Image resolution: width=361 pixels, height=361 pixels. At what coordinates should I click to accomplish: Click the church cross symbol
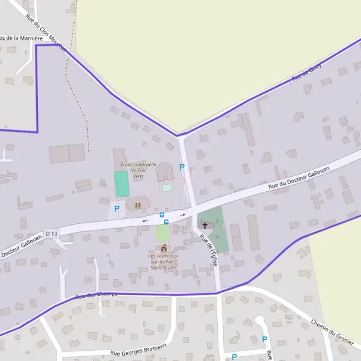(x=205, y=226)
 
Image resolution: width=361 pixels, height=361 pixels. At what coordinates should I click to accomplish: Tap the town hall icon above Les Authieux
(x=164, y=248)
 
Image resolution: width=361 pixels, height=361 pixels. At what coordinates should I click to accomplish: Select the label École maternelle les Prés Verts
(x=138, y=170)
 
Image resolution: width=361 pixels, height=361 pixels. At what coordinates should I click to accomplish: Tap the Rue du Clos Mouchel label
(x=46, y=31)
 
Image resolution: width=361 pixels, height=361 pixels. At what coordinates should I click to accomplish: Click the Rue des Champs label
(x=96, y=295)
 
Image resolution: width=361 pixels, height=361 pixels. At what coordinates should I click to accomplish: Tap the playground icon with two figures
(x=138, y=206)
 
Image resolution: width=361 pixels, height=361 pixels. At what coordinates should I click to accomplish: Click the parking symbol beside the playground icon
(x=117, y=209)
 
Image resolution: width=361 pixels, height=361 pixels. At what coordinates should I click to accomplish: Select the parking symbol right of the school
(x=182, y=167)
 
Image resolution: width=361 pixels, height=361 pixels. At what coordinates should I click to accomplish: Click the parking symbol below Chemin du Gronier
(x=264, y=339)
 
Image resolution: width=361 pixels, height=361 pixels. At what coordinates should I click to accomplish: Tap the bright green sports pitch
(x=122, y=184)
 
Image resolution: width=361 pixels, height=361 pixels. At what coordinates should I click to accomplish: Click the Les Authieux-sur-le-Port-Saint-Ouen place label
(x=164, y=263)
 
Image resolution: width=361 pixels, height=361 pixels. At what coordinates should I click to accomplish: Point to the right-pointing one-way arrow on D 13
(x=182, y=215)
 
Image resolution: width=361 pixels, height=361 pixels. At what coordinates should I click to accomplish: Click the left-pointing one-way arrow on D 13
(x=144, y=220)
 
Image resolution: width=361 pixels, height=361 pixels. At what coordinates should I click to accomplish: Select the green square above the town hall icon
(x=163, y=233)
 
